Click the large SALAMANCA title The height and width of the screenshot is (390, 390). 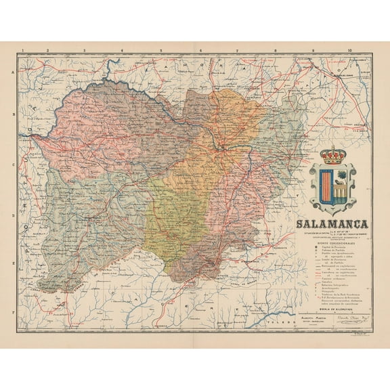tap(331, 224)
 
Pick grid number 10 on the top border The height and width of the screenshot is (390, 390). tap(349, 50)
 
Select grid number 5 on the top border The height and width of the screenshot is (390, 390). tap(160, 50)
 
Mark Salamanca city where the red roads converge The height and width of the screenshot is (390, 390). tap(221, 144)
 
